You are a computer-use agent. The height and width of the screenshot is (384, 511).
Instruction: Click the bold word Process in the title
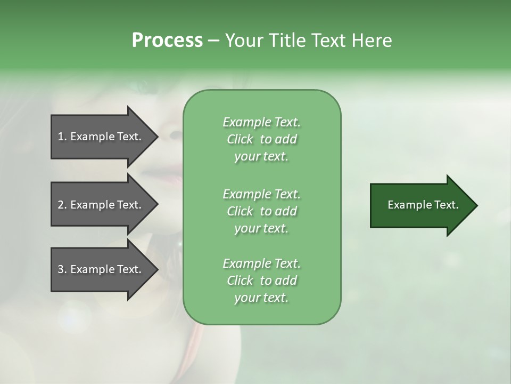click(x=167, y=41)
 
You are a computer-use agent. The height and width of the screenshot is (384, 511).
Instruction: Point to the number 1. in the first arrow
click(x=62, y=137)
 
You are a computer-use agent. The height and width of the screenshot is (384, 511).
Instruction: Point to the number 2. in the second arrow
click(x=62, y=205)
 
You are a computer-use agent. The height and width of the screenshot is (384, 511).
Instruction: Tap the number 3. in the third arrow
click(x=62, y=269)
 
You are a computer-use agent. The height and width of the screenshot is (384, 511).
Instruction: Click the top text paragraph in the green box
click(x=261, y=139)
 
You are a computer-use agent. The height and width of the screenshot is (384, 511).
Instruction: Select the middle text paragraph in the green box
click(x=261, y=211)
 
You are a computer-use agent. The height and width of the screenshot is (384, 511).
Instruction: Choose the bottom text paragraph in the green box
click(x=261, y=281)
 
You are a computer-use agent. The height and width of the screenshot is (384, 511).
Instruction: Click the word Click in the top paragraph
click(x=240, y=139)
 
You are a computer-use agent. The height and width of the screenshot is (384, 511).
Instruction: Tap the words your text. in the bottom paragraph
click(x=261, y=298)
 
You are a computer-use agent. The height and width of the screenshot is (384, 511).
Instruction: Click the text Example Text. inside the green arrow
click(x=423, y=205)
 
